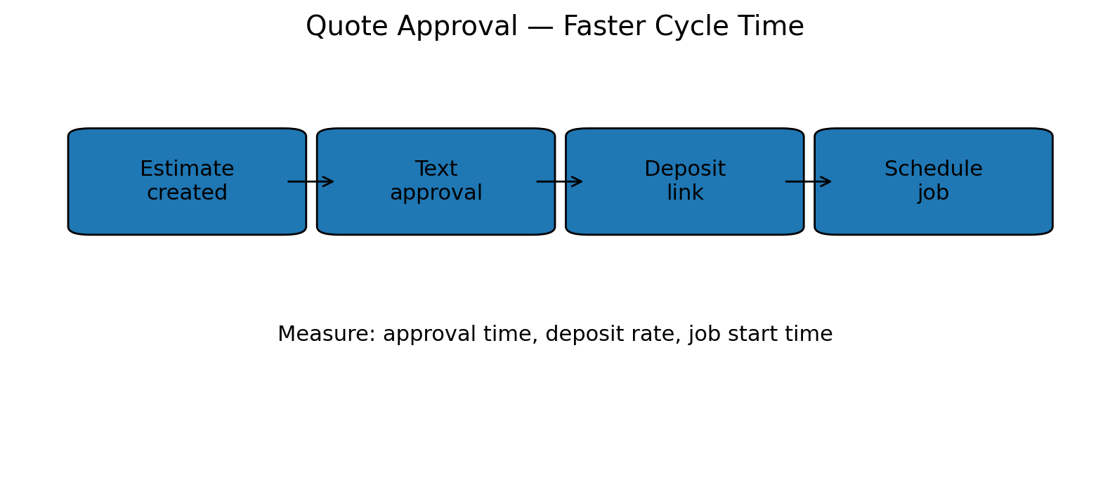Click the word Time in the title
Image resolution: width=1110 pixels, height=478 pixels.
(772, 27)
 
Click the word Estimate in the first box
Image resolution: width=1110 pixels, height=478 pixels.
(187, 169)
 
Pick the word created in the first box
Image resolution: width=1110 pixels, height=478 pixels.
(187, 193)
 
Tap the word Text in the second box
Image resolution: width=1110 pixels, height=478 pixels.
(436, 169)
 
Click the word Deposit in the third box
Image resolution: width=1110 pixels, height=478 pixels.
(685, 169)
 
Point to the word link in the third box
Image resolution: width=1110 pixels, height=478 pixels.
(685, 193)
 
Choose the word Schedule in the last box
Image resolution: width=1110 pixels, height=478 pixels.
(933, 169)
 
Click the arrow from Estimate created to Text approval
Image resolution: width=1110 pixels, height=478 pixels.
(311, 181)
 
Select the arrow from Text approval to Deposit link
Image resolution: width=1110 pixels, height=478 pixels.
(560, 181)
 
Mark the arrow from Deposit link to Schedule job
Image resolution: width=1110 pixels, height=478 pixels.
(809, 181)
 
